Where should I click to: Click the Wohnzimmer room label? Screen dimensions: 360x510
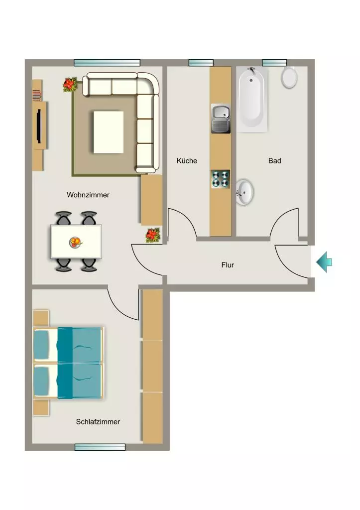click(88, 195)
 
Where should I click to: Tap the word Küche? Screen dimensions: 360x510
click(187, 161)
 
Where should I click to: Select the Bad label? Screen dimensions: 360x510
click(274, 161)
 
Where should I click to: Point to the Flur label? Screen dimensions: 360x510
click(228, 265)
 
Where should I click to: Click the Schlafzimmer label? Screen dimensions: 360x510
click(98, 422)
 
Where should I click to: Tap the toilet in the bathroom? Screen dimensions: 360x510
click(289, 77)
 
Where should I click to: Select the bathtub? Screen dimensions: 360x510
click(252, 99)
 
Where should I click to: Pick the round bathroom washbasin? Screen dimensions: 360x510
click(244, 192)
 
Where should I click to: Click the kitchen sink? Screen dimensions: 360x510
click(221, 119)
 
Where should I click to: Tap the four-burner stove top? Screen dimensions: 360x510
click(220, 179)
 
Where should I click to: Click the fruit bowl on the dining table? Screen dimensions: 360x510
click(76, 243)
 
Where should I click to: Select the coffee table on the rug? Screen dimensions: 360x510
click(109, 132)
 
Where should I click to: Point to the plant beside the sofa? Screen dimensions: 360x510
click(70, 85)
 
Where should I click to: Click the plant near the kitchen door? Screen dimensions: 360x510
click(152, 235)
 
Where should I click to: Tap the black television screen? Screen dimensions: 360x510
click(39, 126)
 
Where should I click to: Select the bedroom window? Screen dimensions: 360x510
click(100, 447)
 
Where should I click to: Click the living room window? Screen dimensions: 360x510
click(107, 63)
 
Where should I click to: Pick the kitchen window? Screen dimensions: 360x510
click(201, 63)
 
